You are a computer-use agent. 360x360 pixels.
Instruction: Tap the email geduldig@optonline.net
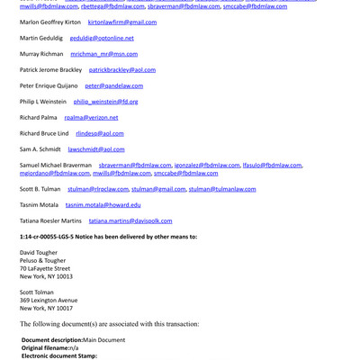click(x=102, y=38)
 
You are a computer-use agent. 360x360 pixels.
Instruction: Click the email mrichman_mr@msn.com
click(x=102, y=54)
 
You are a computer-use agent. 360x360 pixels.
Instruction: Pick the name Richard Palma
click(x=38, y=117)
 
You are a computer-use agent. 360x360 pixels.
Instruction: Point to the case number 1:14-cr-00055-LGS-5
click(x=58, y=237)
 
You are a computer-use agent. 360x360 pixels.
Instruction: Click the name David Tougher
click(x=39, y=253)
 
